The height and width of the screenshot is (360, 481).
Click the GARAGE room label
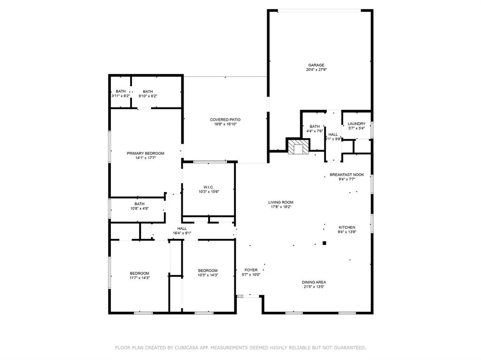pos(316,65)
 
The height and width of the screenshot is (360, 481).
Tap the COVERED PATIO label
pos(225,120)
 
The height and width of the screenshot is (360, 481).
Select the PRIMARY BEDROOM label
pos(146,153)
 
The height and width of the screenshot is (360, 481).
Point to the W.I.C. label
pos(209,187)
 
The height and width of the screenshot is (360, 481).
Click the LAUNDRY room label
pos(357,123)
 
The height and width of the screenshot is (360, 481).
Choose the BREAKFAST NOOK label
pos(347,175)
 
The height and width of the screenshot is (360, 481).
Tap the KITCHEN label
pos(347,227)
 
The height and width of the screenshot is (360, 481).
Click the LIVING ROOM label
pos(281,202)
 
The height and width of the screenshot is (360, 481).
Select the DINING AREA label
pos(314,282)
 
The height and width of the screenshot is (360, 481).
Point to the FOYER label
pos(251,270)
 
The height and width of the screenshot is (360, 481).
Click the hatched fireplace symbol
pos(298,147)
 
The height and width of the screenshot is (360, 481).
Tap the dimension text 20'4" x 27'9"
pos(316,69)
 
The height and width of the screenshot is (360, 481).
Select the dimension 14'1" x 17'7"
pos(146,158)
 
